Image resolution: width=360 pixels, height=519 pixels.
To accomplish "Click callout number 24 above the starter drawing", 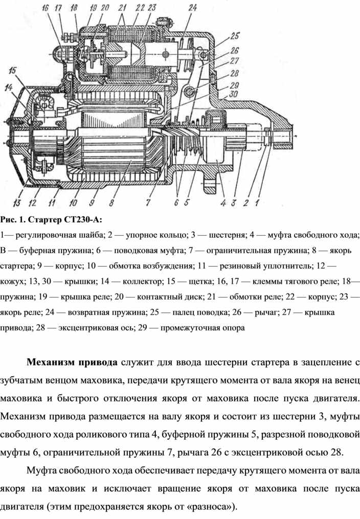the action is click(193, 7).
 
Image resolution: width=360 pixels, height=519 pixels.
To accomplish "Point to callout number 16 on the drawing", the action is click(46, 8).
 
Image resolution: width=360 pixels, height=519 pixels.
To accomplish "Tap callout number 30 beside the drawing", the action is click(234, 94).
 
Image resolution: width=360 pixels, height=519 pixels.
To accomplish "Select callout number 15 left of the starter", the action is click(12, 71).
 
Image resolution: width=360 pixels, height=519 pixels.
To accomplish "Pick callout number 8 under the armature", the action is click(111, 202).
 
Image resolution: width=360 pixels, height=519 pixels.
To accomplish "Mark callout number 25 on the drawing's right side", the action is click(235, 36).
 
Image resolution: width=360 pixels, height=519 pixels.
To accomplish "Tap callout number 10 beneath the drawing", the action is click(73, 202).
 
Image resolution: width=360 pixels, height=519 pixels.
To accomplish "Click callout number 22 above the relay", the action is click(140, 7).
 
